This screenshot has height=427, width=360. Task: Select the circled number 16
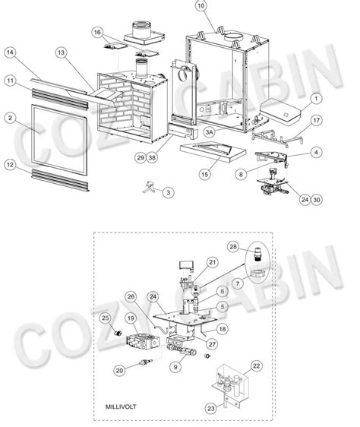point(96,33)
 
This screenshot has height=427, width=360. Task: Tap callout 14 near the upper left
point(11,52)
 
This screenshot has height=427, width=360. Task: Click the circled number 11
point(11,80)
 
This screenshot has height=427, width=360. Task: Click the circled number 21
point(213,262)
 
